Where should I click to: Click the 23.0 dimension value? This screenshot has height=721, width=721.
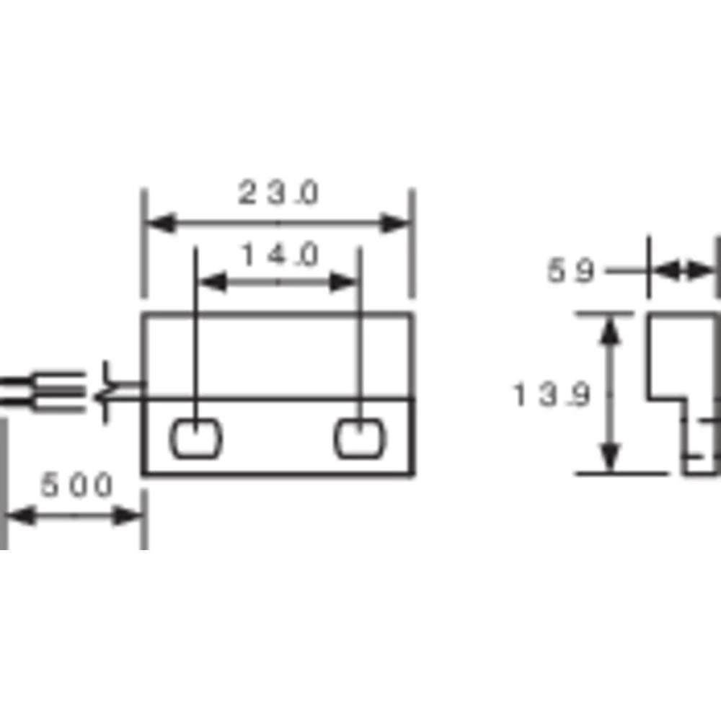point(278,194)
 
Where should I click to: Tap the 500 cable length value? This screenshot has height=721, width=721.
point(76,485)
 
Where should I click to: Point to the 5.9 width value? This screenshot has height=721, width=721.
point(571,272)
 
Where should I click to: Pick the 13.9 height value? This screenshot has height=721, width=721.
point(552,395)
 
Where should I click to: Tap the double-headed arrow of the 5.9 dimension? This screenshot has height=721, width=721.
point(682,272)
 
